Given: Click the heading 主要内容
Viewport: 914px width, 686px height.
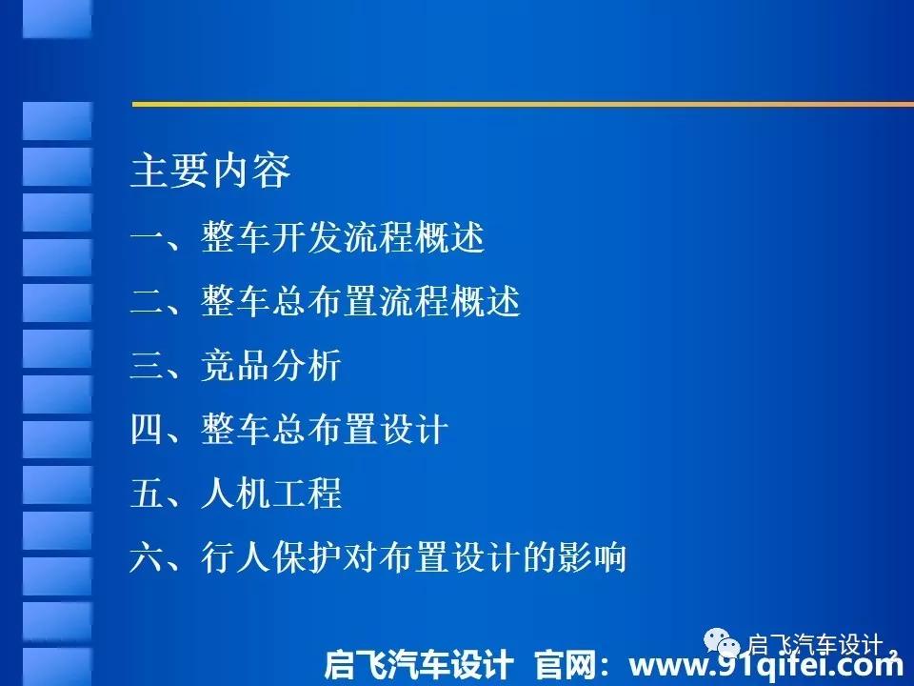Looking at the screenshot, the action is coord(210,171).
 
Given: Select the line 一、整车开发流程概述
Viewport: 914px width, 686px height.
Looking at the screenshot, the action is coord(308,237).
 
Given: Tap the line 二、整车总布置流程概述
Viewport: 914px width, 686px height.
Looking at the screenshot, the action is coord(326,301).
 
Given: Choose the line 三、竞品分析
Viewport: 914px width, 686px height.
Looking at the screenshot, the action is coord(235,365).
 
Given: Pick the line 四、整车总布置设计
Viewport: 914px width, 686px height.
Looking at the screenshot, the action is coord(289,429).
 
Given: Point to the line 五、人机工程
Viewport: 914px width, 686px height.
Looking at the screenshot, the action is coord(235,493).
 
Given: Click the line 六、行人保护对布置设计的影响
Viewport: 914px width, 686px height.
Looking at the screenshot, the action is coord(378,556).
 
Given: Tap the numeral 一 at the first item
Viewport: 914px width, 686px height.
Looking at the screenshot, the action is coord(148,238).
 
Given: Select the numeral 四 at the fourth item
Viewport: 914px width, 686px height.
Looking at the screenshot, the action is coord(148,429).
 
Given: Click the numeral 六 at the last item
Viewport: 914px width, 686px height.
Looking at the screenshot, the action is coord(148,556).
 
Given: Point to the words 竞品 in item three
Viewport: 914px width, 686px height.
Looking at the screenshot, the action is coord(235,365).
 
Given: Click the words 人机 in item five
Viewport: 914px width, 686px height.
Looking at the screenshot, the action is coord(235,493).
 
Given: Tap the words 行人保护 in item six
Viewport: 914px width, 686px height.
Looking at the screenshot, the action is coord(271,556).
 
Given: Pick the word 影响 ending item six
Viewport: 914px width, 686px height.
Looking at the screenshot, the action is coord(591,556).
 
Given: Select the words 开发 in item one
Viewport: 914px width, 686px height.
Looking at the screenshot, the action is coord(307,237).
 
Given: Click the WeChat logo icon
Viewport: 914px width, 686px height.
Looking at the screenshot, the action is coord(722,642).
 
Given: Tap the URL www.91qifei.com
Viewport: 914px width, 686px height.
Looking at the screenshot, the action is coord(765,665).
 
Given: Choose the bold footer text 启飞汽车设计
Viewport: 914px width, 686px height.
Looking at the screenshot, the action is coord(419,664).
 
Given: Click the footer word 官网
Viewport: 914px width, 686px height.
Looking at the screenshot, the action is coord(565,664).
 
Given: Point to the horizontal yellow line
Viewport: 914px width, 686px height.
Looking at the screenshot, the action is coord(523,105).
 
